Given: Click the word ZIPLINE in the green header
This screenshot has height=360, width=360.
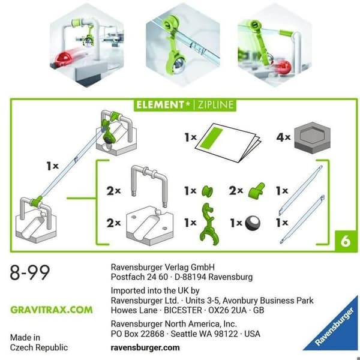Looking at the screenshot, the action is pos(216,105).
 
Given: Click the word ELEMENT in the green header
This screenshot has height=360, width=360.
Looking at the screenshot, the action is pos(160,105).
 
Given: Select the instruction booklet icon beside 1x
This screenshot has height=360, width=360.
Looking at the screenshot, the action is pos(228,143).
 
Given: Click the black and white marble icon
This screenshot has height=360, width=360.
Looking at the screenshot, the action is pos(253,223).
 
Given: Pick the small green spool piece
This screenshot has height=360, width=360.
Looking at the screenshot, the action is pos(208,191).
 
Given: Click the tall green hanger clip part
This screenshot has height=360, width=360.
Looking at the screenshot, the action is pos(209,224).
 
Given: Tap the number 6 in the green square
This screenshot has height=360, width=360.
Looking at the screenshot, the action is pos(346,241).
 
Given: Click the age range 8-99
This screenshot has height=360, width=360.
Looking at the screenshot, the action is pos(30,272).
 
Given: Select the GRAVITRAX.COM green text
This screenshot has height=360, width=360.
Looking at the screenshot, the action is pos(52,310).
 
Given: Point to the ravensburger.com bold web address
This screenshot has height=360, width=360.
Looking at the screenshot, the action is pos(145,347).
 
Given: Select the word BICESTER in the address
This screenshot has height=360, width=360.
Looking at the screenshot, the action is pos(183,310).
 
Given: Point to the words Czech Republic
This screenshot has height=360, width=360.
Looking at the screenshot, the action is pos(39,347).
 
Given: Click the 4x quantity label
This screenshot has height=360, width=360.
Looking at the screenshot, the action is pos(283,137).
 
